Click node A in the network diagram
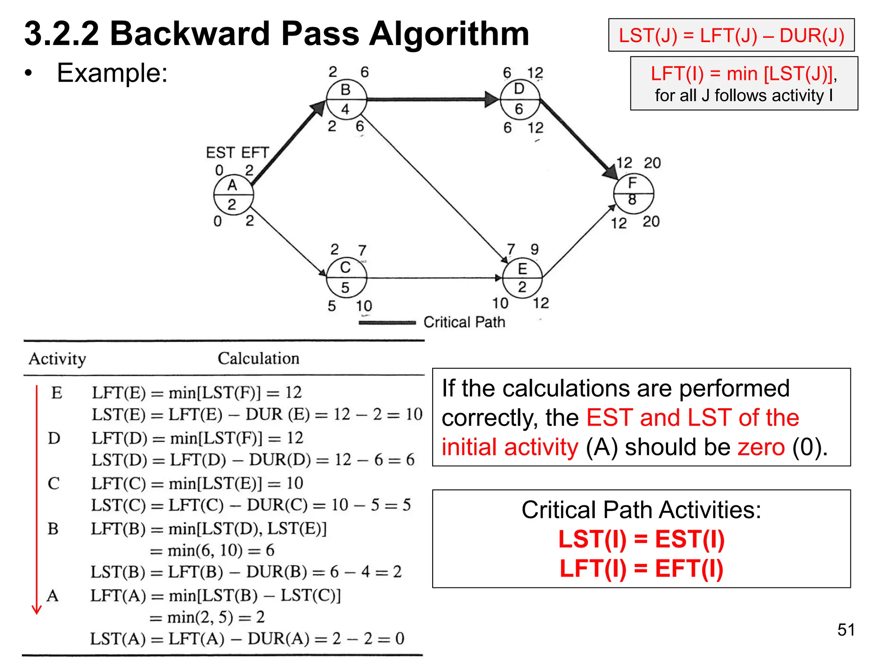coord(233,195)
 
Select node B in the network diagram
coord(346,99)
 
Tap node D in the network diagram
coord(519,99)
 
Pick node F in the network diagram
coord(633,193)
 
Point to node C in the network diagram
coord(346,278)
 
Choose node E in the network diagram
coord(522,278)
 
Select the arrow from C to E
coord(434,278)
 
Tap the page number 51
coord(846,630)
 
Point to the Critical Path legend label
coord(464,322)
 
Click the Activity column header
coord(57,359)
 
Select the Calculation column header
coord(258,358)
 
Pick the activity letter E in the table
coord(56,393)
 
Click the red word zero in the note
coord(761,447)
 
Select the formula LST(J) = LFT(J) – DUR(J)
coord(731,35)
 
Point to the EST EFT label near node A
coord(237,153)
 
